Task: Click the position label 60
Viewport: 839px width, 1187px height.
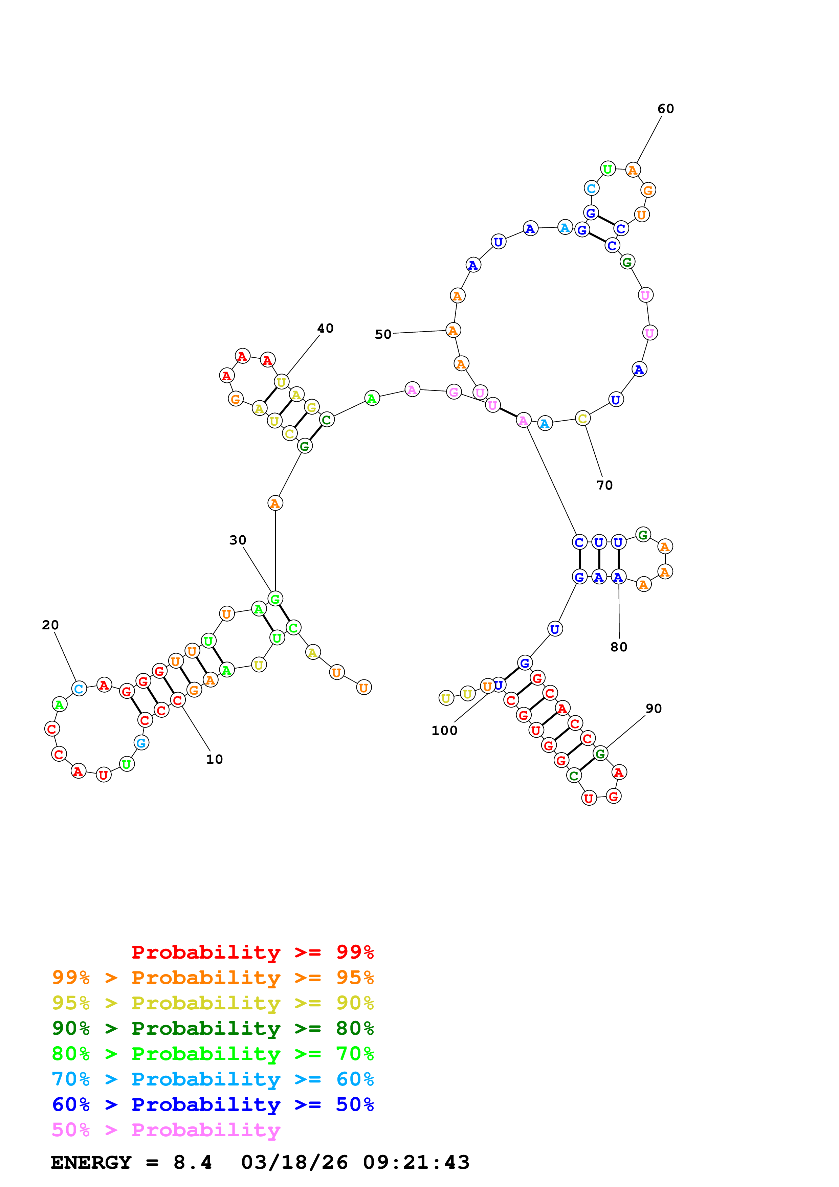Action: (x=665, y=109)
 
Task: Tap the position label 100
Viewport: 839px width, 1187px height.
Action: (x=444, y=731)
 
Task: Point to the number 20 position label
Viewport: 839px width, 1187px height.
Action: (x=50, y=625)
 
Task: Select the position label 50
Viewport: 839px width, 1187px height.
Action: (x=383, y=335)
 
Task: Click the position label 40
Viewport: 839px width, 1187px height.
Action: (x=325, y=328)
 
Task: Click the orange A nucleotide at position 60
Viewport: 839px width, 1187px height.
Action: (x=633, y=170)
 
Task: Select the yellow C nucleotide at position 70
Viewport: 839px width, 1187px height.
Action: (x=582, y=419)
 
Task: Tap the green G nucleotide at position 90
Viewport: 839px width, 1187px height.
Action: (x=600, y=754)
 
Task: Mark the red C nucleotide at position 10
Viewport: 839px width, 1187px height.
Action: (x=178, y=700)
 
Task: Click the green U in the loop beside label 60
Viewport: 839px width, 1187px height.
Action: (x=608, y=169)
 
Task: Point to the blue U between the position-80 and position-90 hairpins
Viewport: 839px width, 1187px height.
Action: (x=555, y=629)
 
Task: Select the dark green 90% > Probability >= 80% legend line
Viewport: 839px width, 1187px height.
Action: (x=213, y=1028)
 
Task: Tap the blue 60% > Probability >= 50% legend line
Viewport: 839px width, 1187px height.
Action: (x=213, y=1104)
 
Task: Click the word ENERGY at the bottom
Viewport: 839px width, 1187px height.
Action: (x=91, y=1162)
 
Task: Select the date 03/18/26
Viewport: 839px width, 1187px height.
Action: (x=294, y=1162)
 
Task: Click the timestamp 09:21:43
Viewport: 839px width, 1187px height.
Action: (x=416, y=1162)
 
